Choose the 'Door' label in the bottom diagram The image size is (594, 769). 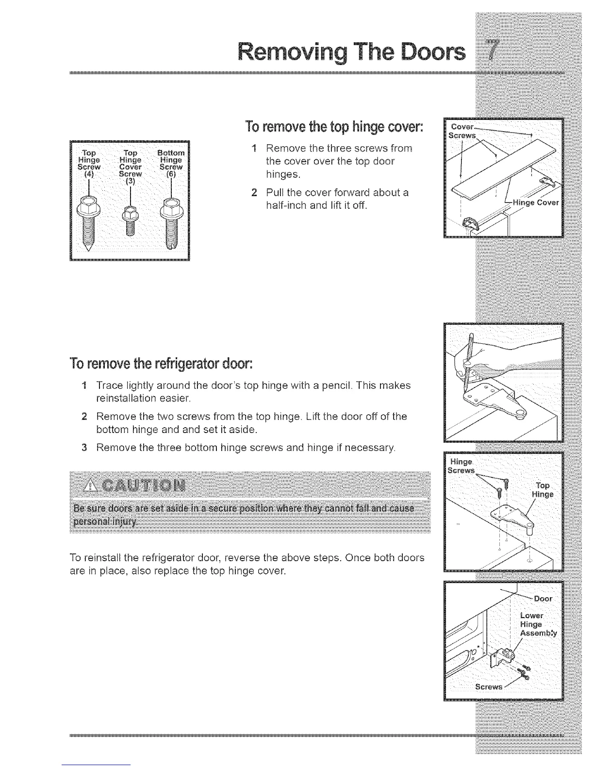tap(543, 599)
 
